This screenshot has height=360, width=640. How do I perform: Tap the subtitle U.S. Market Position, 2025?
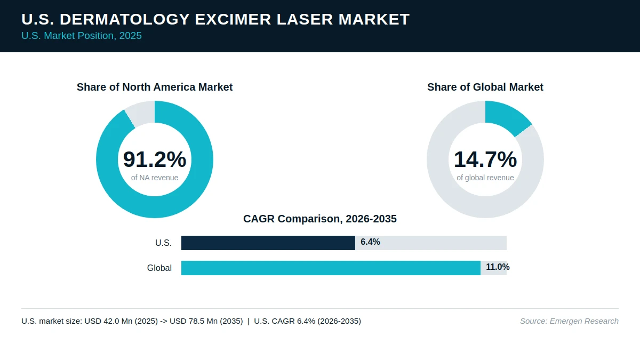pos(82,36)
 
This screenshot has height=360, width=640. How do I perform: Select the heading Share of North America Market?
pos(155,87)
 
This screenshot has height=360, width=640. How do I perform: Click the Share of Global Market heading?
pos(485,87)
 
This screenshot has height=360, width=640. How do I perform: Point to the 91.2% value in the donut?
pos(155,159)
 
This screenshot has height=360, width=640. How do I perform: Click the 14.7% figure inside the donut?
pos(485,159)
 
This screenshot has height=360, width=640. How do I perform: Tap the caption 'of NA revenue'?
pos(155,178)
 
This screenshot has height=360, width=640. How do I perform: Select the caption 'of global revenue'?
pos(485,178)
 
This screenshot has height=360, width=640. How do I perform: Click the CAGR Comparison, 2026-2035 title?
pos(320,219)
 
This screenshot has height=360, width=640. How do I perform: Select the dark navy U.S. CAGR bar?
pos(268,243)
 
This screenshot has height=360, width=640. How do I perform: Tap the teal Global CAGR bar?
pos(331,268)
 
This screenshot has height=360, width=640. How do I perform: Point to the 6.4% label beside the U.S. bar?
pos(370,242)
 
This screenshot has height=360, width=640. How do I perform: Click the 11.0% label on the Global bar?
pos(498,267)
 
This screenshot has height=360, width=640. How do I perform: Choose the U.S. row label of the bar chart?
pos(163,243)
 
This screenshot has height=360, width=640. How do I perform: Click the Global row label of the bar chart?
pos(159,268)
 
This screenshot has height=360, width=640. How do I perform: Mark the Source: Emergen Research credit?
pos(569,321)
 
